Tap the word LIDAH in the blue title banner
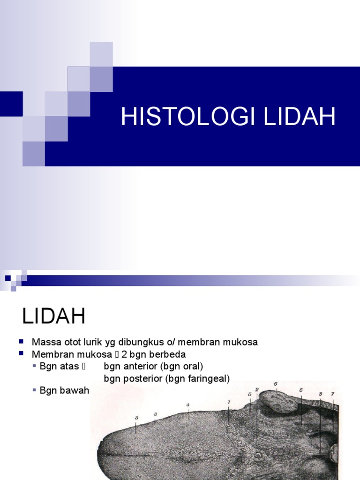(300, 117)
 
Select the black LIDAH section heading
(54, 317)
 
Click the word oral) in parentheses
(193, 366)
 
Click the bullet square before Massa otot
(22, 342)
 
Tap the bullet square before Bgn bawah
(35, 390)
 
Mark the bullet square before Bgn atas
(35, 366)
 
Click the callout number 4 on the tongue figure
(187, 405)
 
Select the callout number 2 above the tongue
(257, 390)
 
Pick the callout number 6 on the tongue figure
(276, 384)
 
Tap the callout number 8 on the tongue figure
(320, 394)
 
